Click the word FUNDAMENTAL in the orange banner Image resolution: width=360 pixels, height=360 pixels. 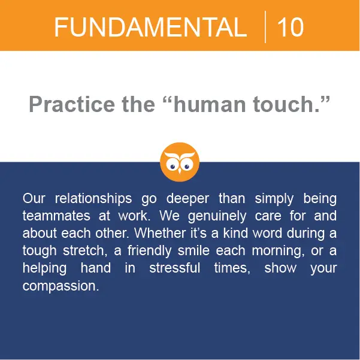click(x=150, y=28)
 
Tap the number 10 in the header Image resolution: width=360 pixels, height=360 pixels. click(x=291, y=28)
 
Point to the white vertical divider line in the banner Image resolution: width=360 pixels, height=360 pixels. click(x=265, y=26)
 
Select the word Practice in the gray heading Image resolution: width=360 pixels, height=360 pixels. click(x=72, y=105)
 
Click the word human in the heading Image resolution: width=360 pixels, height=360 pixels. click(x=210, y=105)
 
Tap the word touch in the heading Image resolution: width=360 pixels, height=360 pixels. click(x=283, y=105)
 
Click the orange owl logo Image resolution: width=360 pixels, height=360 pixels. click(x=180, y=162)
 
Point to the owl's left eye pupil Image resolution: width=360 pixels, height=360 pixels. click(x=172, y=167)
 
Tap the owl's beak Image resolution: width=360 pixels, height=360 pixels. click(x=180, y=171)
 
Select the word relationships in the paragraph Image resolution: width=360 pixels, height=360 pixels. click(x=93, y=199)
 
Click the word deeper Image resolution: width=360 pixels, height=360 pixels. click(x=187, y=199)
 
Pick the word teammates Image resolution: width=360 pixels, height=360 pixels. click(x=56, y=216)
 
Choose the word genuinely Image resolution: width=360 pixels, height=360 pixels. click(x=217, y=216)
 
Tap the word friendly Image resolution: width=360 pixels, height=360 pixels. click(x=150, y=251)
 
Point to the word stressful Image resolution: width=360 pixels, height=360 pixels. click(x=174, y=268)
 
